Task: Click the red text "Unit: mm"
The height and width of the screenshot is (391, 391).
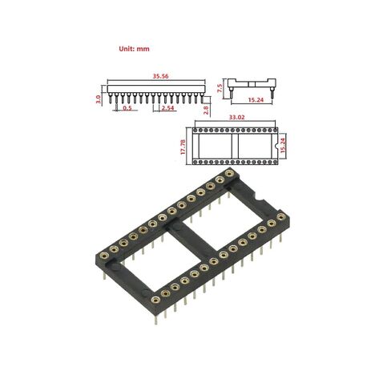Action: tap(134, 49)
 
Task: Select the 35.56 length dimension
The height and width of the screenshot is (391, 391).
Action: tap(160, 76)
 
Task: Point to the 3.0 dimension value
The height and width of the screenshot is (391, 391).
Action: tap(99, 99)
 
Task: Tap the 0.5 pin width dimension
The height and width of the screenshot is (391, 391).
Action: tap(127, 108)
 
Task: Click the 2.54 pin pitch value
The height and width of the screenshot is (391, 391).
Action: tap(168, 108)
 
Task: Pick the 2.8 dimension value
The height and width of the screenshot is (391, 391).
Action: tap(206, 110)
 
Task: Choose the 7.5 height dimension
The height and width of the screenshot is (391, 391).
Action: tap(220, 88)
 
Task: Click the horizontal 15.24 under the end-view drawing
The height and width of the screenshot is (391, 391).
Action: tap(256, 100)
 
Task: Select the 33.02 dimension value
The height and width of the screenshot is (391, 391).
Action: tap(237, 117)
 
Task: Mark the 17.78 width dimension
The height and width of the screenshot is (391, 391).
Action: tap(183, 147)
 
